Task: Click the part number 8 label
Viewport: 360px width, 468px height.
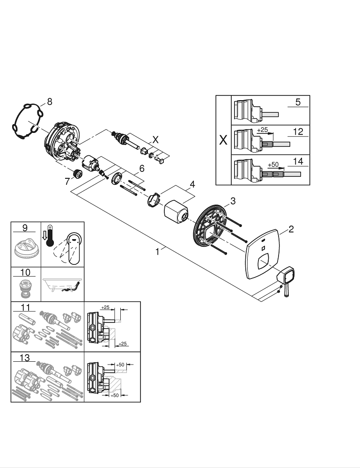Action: (50, 102)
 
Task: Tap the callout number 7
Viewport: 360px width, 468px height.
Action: (67, 181)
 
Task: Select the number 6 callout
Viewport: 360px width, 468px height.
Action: (142, 168)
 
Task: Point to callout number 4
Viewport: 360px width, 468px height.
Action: (192, 184)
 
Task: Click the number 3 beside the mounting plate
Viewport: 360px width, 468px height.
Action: (233, 201)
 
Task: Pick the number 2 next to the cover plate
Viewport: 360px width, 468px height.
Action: (291, 229)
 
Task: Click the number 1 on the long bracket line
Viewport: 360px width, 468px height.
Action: (157, 251)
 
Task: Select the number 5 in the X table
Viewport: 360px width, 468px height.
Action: (298, 102)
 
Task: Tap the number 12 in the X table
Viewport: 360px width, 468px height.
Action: (298, 132)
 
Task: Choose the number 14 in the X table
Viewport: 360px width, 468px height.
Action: (298, 161)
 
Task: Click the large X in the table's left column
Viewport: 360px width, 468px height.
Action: (223, 140)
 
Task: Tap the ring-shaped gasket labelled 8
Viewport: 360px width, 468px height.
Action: (28, 121)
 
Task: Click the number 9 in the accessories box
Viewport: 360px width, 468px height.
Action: (25, 228)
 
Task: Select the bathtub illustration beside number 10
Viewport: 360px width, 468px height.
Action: (63, 285)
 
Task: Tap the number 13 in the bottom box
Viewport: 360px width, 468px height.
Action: (25, 358)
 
